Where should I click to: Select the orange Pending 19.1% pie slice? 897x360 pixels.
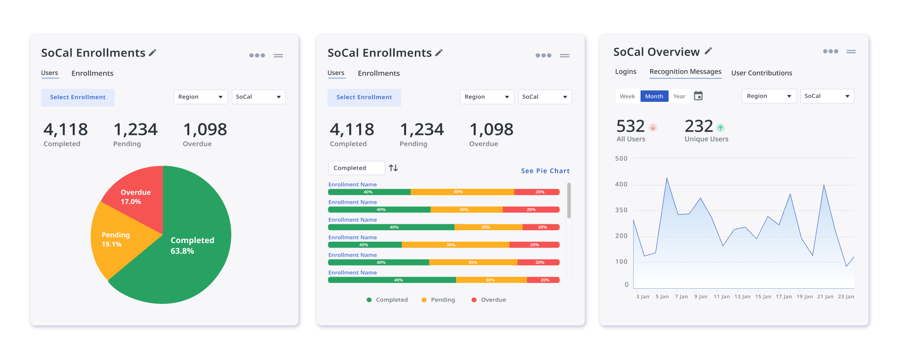pyautogui.click(x=115, y=239)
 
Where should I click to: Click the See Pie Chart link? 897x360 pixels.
pyautogui.click(x=545, y=171)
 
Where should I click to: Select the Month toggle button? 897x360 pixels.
pyautogui.click(x=654, y=96)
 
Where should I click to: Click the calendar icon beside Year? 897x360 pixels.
pyautogui.click(x=698, y=96)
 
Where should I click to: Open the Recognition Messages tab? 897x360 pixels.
pyautogui.click(x=685, y=72)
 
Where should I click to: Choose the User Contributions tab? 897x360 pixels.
pyautogui.click(x=762, y=73)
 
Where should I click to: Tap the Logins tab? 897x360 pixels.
pyautogui.click(x=625, y=72)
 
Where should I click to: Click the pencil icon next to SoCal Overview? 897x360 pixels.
pyautogui.click(x=708, y=51)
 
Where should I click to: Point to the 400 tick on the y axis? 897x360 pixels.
pyautogui.click(x=621, y=184)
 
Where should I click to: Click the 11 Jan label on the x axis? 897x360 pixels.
pyautogui.click(x=722, y=296)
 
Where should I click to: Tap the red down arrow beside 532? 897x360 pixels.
pyautogui.click(x=652, y=128)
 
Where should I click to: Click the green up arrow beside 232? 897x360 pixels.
pyautogui.click(x=720, y=128)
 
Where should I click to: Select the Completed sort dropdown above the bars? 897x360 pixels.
pyautogui.click(x=356, y=168)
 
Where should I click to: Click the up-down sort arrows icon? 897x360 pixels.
pyautogui.click(x=393, y=168)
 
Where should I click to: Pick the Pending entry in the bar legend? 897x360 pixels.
pyautogui.click(x=438, y=300)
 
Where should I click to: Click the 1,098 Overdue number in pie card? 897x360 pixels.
pyautogui.click(x=205, y=130)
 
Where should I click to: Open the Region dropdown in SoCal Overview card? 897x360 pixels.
pyautogui.click(x=769, y=96)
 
